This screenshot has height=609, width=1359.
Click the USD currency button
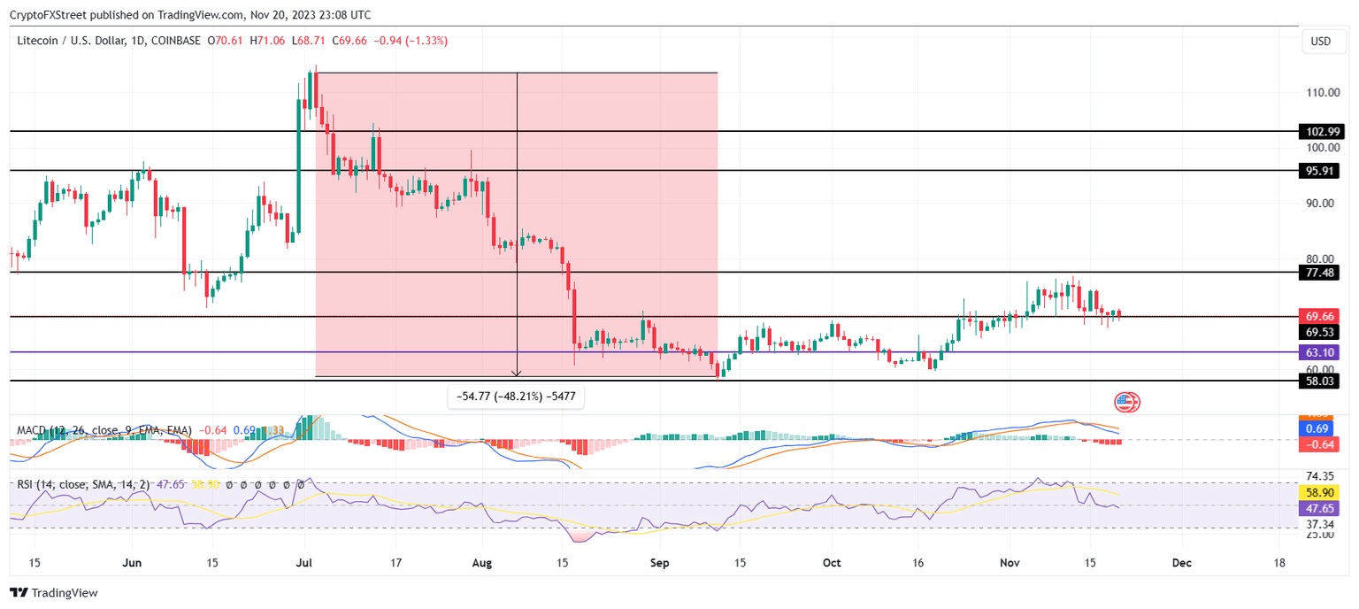click(x=1320, y=42)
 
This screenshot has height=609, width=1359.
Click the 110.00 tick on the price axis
click(x=1319, y=92)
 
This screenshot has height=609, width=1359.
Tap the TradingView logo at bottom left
click(x=54, y=593)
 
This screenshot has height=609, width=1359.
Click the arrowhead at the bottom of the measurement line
click(x=517, y=374)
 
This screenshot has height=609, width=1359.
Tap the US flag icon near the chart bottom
click(x=1125, y=403)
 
